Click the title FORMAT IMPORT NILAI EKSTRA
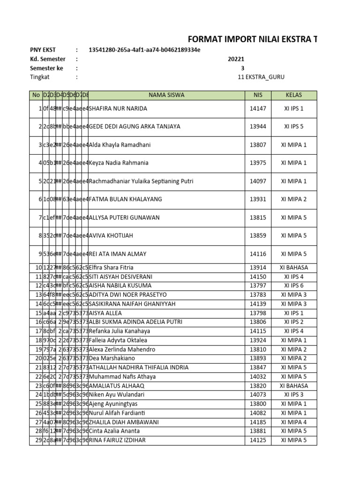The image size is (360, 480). pyautogui.click(x=252, y=39)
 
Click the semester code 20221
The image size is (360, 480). pyautogui.click(x=236, y=59)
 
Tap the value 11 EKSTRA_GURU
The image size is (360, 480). pyautogui.click(x=261, y=77)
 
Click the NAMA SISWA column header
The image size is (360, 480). pyautogui.click(x=166, y=95)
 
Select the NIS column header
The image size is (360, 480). pyautogui.click(x=258, y=95)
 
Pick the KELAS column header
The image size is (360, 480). pyautogui.click(x=294, y=95)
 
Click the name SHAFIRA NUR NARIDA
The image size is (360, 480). pyautogui.click(x=118, y=109)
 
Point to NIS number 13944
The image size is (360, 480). pyautogui.click(x=258, y=127)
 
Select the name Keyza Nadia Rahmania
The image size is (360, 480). pyautogui.click(x=119, y=163)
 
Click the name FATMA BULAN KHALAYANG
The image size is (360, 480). pyautogui.click(x=125, y=199)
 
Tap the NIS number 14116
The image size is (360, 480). pyautogui.click(x=258, y=254)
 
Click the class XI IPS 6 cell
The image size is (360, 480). pyautogui.click(x=294, y=285)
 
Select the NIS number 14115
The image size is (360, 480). pyautogui.click(x=258, y=331)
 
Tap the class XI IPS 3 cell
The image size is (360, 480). pyautogui.click(x=294, y=395)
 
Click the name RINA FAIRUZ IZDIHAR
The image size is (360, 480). pyautogui.click(x=117, y=440)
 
